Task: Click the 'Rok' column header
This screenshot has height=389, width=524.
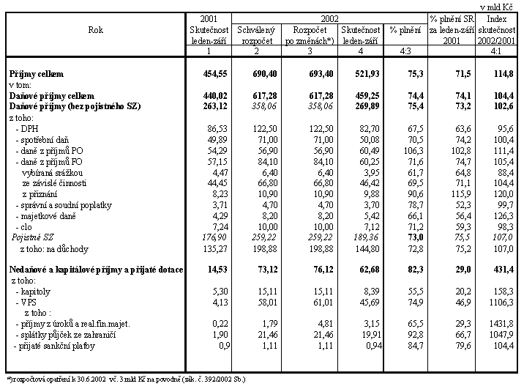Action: [96, 31]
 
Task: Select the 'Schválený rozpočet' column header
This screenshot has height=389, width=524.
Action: [257, 34]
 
